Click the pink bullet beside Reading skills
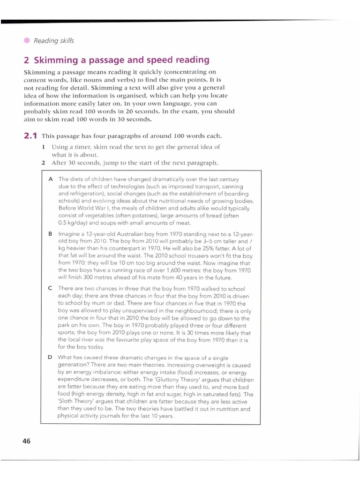click(26, 40)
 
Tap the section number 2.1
click(30, 136)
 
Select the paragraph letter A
click(50, 179)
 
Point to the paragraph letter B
click(50, 233)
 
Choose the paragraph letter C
click(50, 288)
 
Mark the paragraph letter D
click(50, 357)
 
